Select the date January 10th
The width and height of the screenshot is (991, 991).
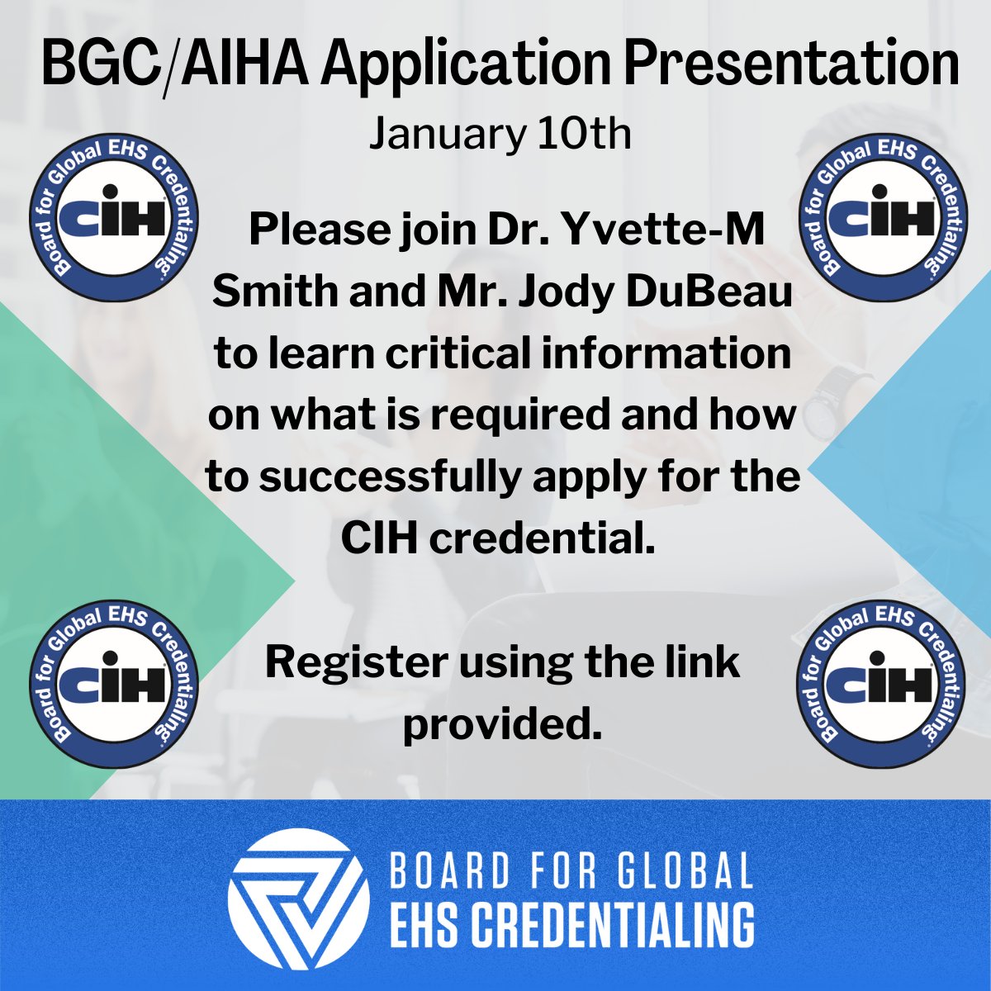(500, 134)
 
